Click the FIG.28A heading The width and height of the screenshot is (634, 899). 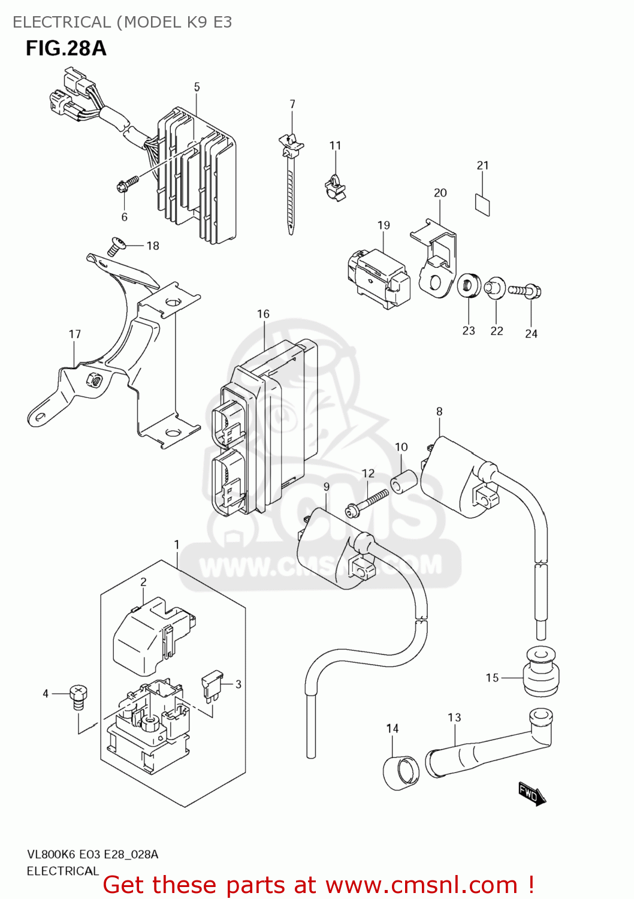tap(66, 48)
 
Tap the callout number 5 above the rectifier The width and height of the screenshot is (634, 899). tap(197, 88)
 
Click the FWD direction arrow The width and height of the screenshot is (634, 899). tap(532, 794)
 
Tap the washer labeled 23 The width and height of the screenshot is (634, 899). tap(469, 285)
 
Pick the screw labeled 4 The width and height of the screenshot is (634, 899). tap(79, 696)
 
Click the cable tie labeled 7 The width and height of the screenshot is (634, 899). tap(291, 180)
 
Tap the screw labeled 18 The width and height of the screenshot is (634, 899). tap(116, 246)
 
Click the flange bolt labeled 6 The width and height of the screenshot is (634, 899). tap(128, 183)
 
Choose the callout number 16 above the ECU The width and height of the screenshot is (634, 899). tap(263, 314)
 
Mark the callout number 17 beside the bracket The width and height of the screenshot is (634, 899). tap(74, 334)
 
